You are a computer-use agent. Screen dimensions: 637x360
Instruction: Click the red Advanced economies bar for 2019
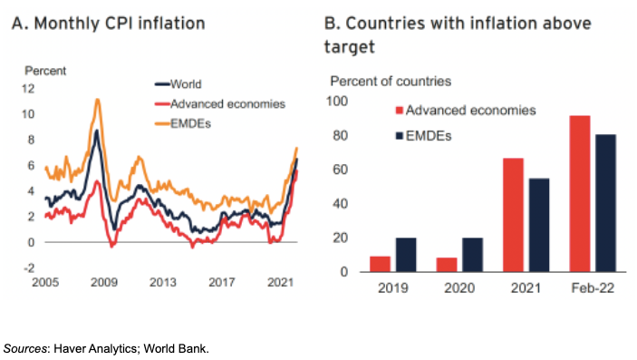[380, 264]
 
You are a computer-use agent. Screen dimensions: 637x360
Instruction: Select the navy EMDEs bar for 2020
[472, 255]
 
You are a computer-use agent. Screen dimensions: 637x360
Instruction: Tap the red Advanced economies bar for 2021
[513, 215]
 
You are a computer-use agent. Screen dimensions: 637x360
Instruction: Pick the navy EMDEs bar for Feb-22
[605, 203]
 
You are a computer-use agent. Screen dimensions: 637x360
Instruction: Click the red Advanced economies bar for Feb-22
[580, 194]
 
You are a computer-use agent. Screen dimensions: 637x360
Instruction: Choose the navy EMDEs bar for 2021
[539, 225]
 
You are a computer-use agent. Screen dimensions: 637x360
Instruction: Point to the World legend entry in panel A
[179, 84]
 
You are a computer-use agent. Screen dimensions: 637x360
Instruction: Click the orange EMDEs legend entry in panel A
[183, 123]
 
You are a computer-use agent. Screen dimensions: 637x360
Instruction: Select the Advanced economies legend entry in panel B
[466, 111]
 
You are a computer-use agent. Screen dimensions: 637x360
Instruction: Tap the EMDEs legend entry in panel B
[423, 136]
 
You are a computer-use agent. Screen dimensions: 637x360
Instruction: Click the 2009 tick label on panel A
[104, 282]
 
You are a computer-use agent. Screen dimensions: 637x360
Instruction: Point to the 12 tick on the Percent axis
[28, 89]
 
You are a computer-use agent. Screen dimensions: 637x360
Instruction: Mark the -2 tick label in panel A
[29, 268]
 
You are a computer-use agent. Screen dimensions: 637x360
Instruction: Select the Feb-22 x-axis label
[593, 288]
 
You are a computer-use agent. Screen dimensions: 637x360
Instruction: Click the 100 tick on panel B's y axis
[337, 102]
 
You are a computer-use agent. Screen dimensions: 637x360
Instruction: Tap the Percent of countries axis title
[391, 82]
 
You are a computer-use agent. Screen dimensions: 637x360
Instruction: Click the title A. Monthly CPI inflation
[109, 24]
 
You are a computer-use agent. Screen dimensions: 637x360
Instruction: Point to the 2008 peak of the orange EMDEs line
[97, 99]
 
